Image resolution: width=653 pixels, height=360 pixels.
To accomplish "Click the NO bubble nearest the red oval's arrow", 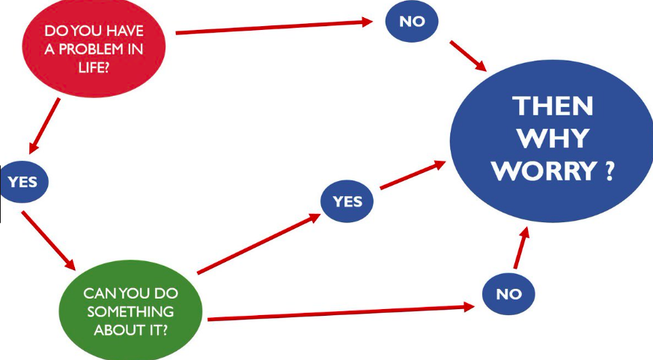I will [412, 21].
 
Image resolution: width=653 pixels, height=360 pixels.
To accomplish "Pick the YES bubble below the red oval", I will [23, 182].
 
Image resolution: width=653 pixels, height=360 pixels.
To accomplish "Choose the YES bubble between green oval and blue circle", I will [347, 201].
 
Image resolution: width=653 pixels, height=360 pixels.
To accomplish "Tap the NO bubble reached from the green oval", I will [508, 293].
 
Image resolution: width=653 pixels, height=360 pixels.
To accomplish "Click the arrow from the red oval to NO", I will [273, 27].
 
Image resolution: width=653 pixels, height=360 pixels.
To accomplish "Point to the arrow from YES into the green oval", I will [49, 241].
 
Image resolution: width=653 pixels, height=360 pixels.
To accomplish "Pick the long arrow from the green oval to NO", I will [341, 313].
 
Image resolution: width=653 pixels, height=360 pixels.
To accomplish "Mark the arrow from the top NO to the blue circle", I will [469, 56].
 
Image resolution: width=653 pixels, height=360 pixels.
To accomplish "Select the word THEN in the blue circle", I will [553, 106].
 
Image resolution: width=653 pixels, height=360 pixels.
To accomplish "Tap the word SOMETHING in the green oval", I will [129, 310].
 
